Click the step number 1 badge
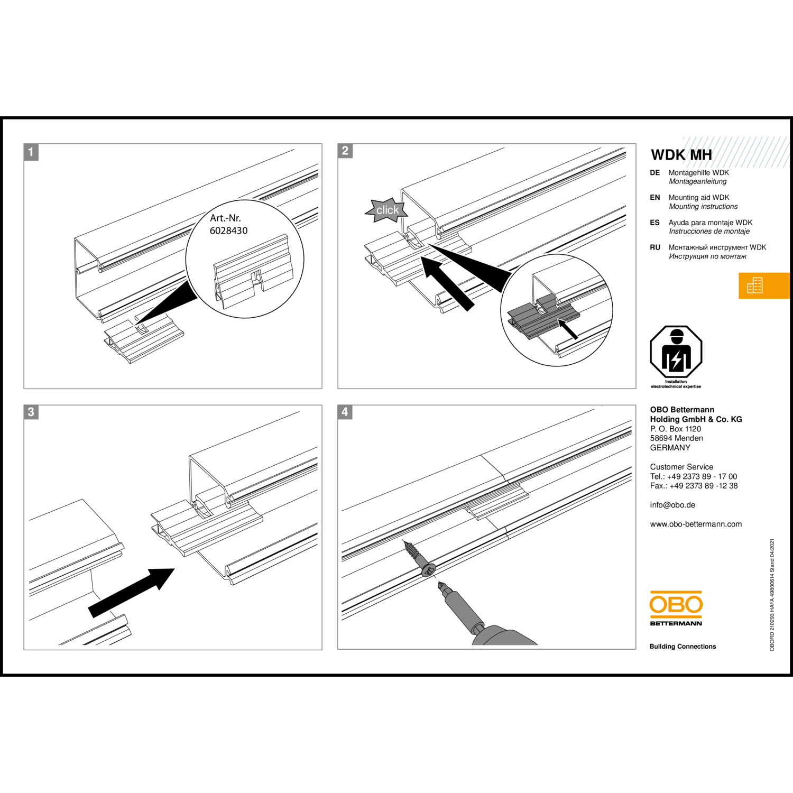coord(31,152)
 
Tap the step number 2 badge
coord(345,151)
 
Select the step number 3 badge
coord(31,412)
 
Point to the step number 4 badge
coord(345,412)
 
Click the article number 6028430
coord(228,230)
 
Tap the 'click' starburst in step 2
coord(387,210)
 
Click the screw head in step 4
coord(429,570)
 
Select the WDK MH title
coord(681,155)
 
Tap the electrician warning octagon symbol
coord(676,352)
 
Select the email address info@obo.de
coord(672,505)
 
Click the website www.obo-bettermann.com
coord(696,524)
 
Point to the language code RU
coord(655,247)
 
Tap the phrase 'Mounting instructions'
coord(703,207)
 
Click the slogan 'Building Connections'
coord(683,647)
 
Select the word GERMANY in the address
coord(670,448)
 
